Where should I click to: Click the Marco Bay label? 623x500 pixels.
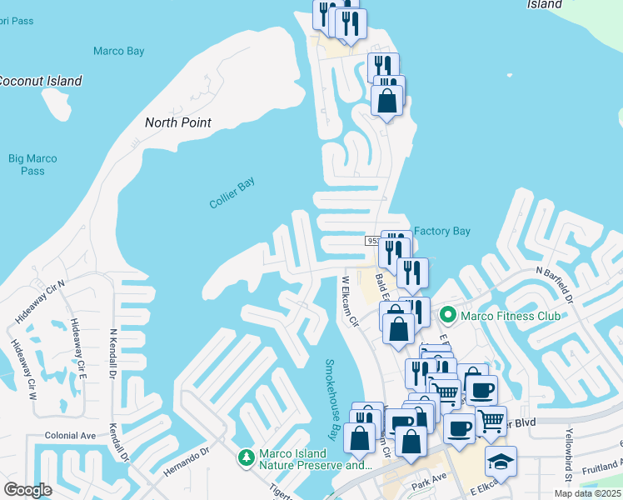(118, 52)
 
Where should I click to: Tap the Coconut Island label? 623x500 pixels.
(40, 81)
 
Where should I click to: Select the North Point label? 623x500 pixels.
(178, 122)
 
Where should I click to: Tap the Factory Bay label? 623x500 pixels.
(442, 231)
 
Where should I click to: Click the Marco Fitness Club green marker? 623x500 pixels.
(448, 315)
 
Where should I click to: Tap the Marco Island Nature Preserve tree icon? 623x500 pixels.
(246, 457)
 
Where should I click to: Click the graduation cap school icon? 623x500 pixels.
(500, 462)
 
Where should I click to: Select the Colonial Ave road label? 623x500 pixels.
(71, 436)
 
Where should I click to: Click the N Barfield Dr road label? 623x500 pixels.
(556, 284)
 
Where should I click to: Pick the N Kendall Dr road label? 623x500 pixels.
(113, 352)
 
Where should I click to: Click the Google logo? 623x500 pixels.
(27, 490)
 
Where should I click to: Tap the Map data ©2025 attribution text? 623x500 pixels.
(587, 493)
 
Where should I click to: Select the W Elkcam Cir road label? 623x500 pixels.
(349, 302)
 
